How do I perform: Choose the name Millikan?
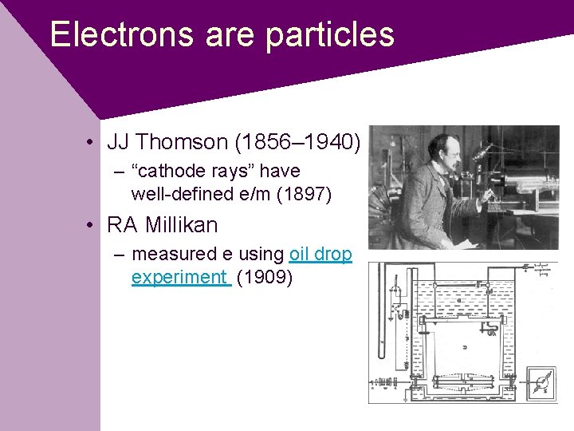click(x=181, y=225)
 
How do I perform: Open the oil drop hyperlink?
click(x=320, y=254)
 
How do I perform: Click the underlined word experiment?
click(x=179, y=277)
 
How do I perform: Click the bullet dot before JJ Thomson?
click(x=93, y=143)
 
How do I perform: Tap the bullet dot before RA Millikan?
click(x=93, y=226)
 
